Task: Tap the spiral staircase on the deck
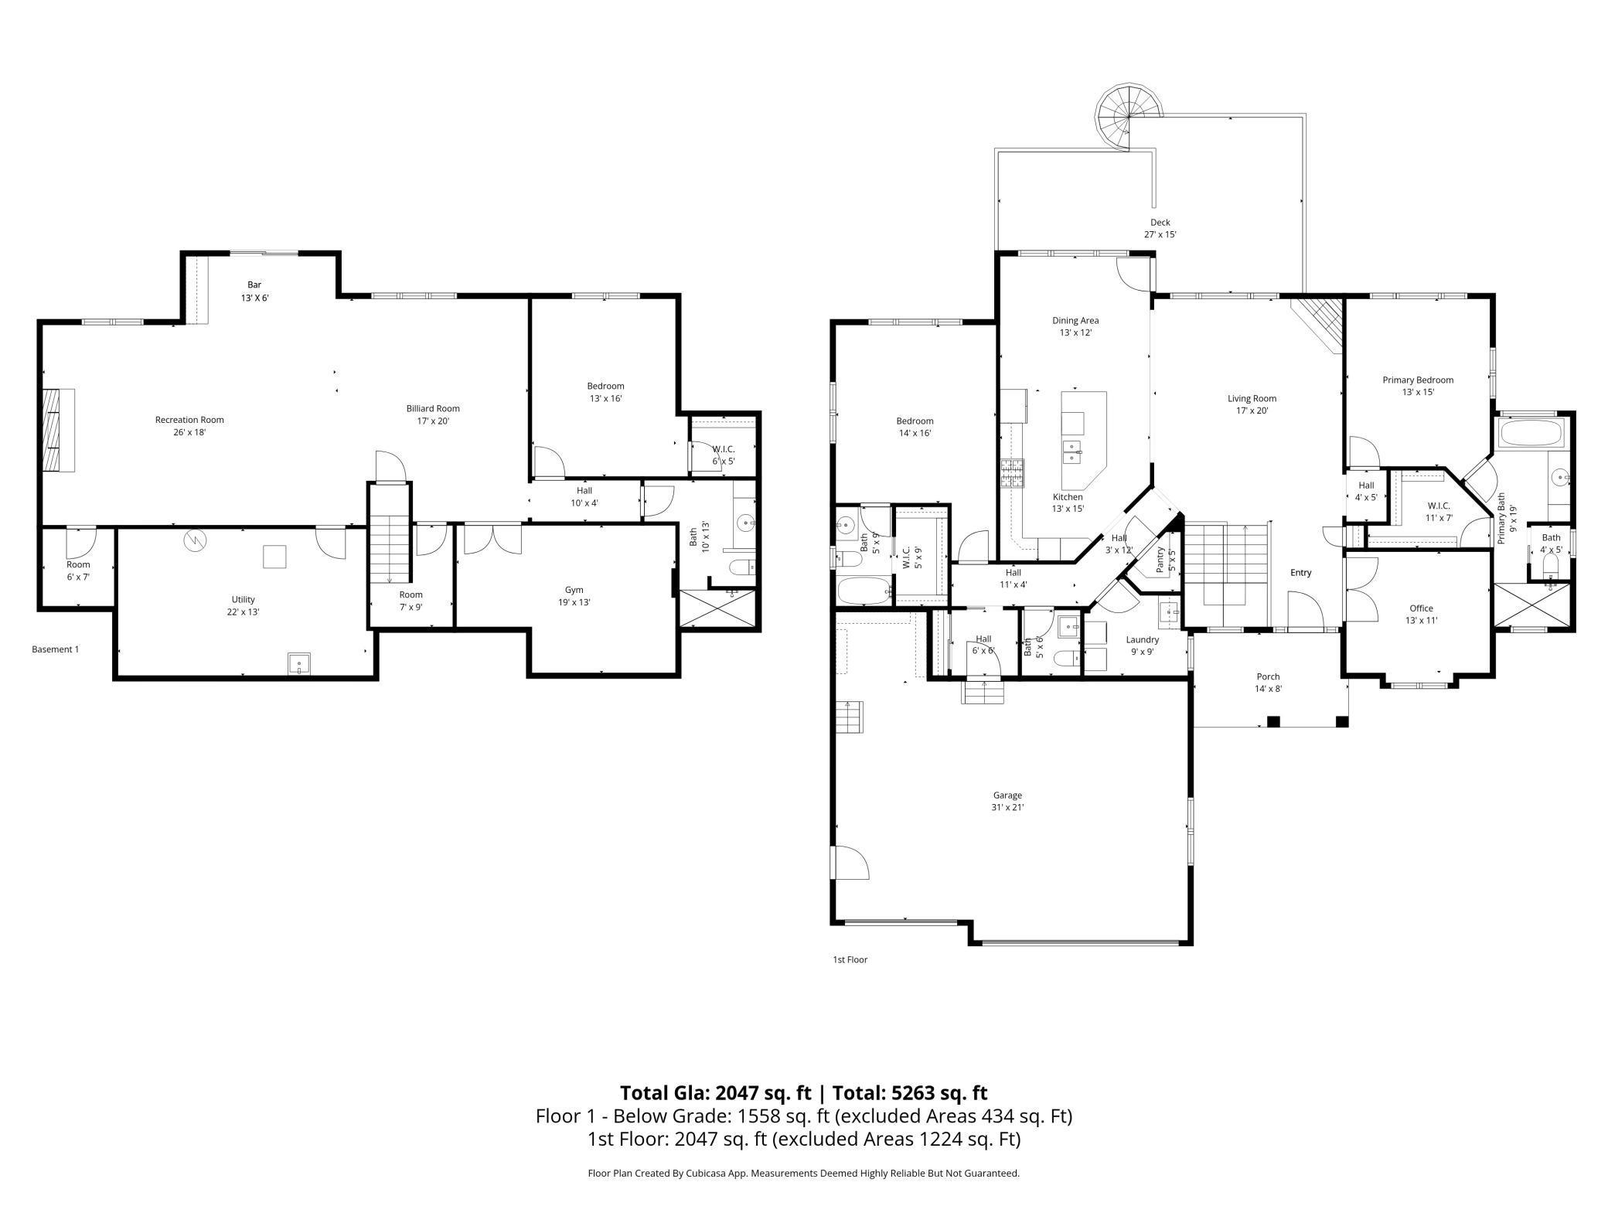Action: point(1129,116)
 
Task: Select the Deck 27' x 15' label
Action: point(1160,228)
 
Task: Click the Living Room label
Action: point(1252,399)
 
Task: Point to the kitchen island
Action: point(1083,438)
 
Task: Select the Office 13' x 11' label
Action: point(1421,614)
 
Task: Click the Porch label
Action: point(1268,676)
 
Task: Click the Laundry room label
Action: point(1142,639)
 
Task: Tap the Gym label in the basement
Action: point(574,590)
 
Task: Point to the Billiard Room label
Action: point(433,408)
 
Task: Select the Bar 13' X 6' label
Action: point(254,291)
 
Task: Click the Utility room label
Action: point(243,599)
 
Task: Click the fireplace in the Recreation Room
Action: point(58,430)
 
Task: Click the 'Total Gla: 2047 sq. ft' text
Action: point(715,1092)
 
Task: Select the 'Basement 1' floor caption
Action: point(55,649)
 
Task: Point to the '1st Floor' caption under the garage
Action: point(850,959)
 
